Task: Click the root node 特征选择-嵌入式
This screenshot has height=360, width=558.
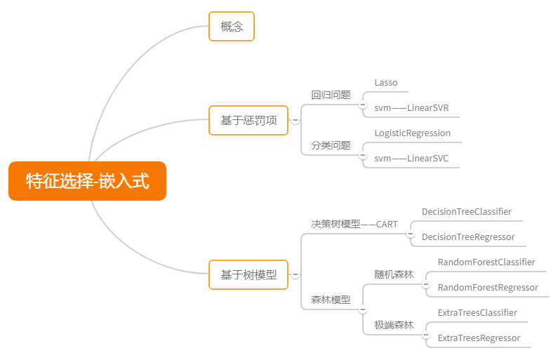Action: [x=87, y=181]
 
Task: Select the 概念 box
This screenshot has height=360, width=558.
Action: [x=231, y=27]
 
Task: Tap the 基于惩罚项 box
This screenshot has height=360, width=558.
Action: [x=248, y=121]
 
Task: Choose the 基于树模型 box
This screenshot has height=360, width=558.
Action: [x=248, y=274]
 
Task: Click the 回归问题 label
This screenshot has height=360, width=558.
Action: [x=331, y=95]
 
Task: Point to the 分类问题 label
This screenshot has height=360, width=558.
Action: [x=331, y=145]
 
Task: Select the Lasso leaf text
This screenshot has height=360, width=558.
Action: [x=386, y=83]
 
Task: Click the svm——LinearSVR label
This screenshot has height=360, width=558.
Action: [x=411, y=108]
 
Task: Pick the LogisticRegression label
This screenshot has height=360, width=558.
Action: [x=413, y=133]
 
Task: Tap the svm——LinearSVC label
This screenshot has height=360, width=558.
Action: [x=411, y=159]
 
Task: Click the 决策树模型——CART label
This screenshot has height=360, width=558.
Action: [x=354, y=225]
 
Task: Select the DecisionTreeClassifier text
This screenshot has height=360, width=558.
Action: [x=467, y=212]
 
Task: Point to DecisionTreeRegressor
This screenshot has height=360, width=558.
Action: [x=468, y=237]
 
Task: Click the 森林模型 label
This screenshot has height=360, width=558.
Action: [x=331, y=300]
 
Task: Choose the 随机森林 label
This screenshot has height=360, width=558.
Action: [x=394, y=274]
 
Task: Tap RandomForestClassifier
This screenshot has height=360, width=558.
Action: [x=486, y=262]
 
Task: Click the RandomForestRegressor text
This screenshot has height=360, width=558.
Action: [x=488, y=288]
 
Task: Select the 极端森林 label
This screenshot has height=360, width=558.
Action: [x=394, y=325]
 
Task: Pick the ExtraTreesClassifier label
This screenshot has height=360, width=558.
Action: [x=477, y=313]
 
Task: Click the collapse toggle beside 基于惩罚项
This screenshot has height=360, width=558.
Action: [x=295, y=121]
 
